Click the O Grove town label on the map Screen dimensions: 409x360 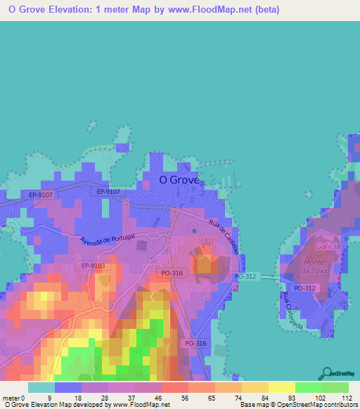pos(179,179)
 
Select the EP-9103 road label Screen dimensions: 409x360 pos(93,266)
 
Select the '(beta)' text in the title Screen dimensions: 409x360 pos(262,10)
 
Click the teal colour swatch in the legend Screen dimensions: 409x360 pos(41,387)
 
